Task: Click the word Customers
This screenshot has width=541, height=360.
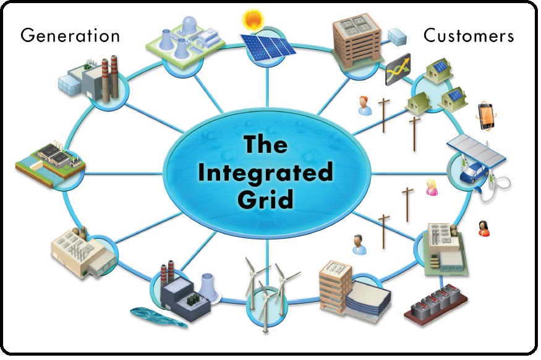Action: point(468,35)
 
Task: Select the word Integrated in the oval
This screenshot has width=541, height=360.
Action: point(267,171)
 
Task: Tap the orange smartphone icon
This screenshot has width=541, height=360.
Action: point(487,115)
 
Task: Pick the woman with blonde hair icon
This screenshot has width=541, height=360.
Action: point(432,187)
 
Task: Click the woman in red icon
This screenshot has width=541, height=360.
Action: point(483,228)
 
